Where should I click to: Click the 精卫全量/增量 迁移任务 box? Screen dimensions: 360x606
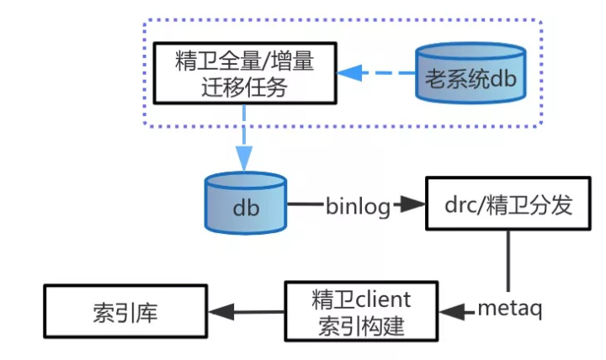244,73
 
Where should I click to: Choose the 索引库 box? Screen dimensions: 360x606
125,312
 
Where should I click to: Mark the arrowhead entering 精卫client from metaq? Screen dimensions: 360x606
451,312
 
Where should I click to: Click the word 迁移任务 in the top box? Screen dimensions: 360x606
244,87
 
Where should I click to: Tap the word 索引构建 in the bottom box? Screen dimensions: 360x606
362,326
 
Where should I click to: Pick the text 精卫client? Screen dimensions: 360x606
362,299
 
